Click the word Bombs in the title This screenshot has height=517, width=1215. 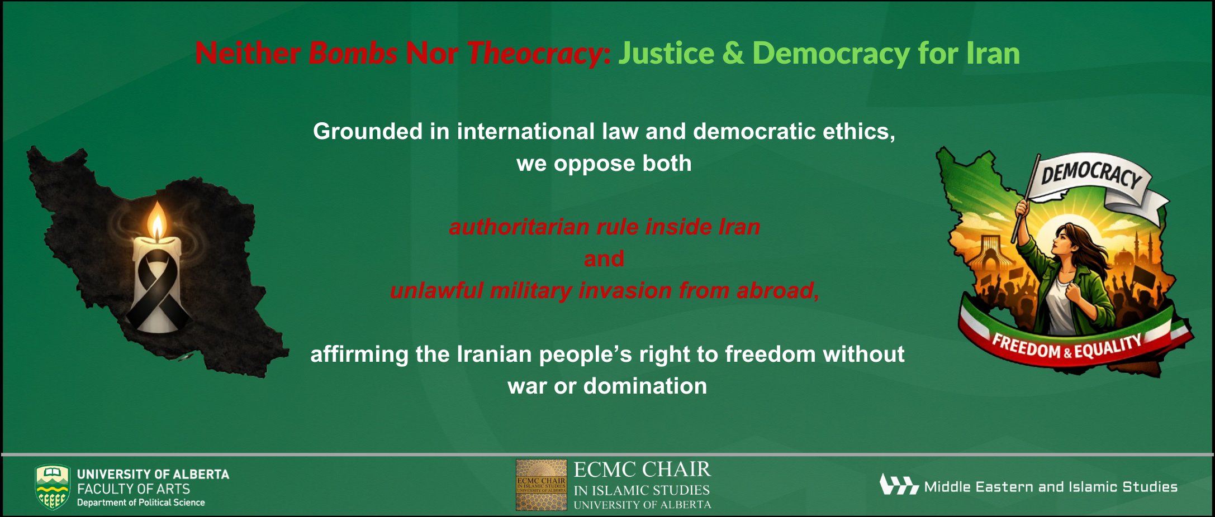[x=353, y=54]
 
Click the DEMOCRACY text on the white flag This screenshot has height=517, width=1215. [x=1090, y=174]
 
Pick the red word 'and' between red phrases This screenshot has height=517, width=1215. [x=604, y=258]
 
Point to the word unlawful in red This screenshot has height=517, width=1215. [x=436, y=290]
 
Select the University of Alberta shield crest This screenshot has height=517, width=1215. [x=53, y=487]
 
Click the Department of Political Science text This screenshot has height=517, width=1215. [x=141, y=502]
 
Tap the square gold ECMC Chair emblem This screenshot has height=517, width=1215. [x=541, y=485]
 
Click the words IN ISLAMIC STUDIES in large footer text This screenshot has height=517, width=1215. [x=642, y=490]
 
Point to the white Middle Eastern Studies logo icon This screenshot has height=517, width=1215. [x=899, y=485]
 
